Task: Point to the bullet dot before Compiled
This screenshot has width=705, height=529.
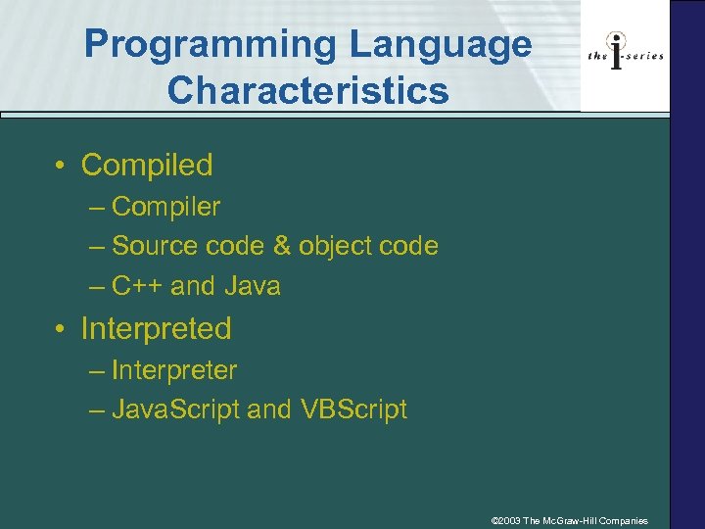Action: point(62,166)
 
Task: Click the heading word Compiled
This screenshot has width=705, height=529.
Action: point(147,166)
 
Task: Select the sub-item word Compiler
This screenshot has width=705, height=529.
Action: point(166,207)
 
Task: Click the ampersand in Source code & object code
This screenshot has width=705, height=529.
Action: point(282,246)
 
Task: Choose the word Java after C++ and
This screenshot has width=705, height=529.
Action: point(253,286)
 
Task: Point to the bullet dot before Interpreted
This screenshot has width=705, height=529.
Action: point(62,329)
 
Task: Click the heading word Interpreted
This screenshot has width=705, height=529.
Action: point(156,329)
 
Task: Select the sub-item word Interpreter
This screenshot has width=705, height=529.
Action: point(174,370)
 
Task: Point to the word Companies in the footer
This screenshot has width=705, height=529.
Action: point(622,520)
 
